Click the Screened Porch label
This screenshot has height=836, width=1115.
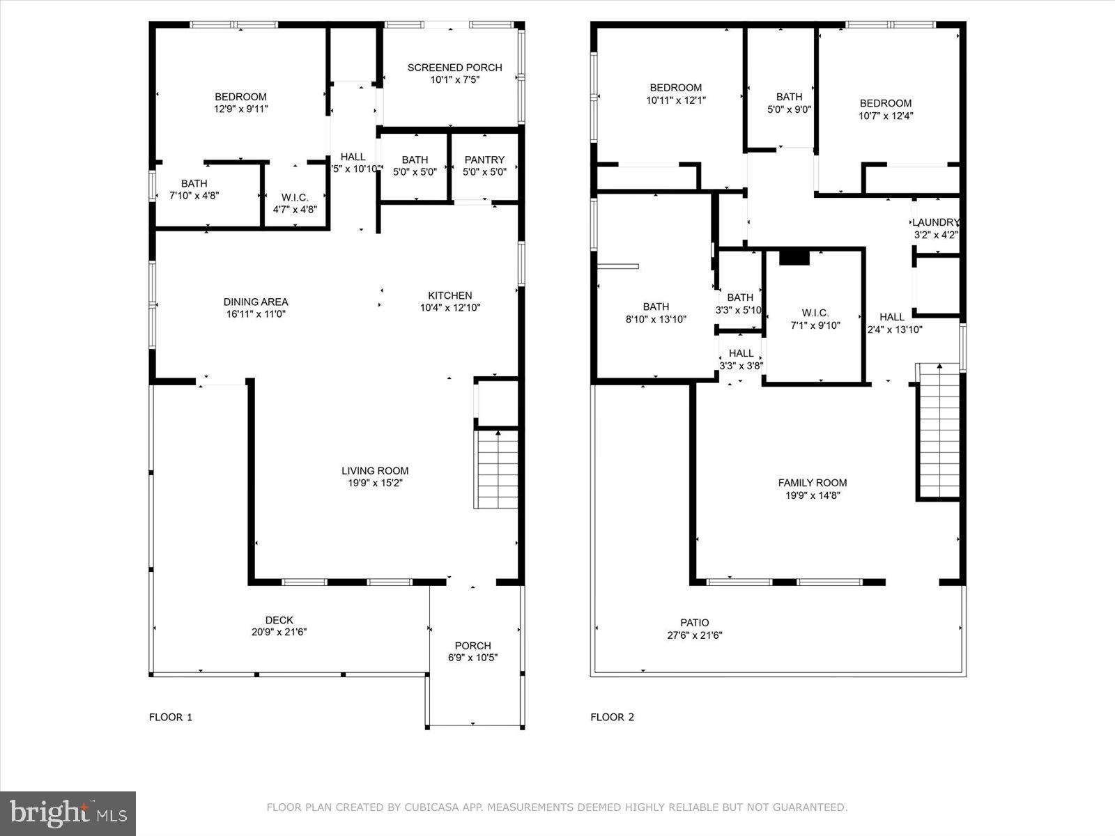click(x=454, y=68)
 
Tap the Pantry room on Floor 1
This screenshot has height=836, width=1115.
click(x=484, y=166)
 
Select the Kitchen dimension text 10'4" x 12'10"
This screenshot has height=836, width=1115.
click(x=449, y=307)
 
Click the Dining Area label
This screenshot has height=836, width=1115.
click(x=255, y=302)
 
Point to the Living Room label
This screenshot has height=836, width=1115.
click(x=375, y=471)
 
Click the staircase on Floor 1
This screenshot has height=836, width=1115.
click(x=497, y=470)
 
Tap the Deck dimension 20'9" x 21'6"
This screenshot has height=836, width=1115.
click(x=279, y=633)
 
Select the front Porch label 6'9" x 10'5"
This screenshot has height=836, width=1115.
click(x=472, y=651)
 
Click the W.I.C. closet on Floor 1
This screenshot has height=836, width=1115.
click(x=295, y=203)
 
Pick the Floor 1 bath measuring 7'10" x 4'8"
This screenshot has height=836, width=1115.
click(x=194, y=189)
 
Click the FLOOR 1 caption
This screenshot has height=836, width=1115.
click(x=170, y=717)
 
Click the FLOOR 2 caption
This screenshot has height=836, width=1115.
click(x=612, y=717)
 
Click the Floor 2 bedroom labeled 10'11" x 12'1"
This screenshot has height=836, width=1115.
click(x=675, y=93)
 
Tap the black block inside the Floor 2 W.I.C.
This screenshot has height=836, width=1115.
click(x=794, y=258)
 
